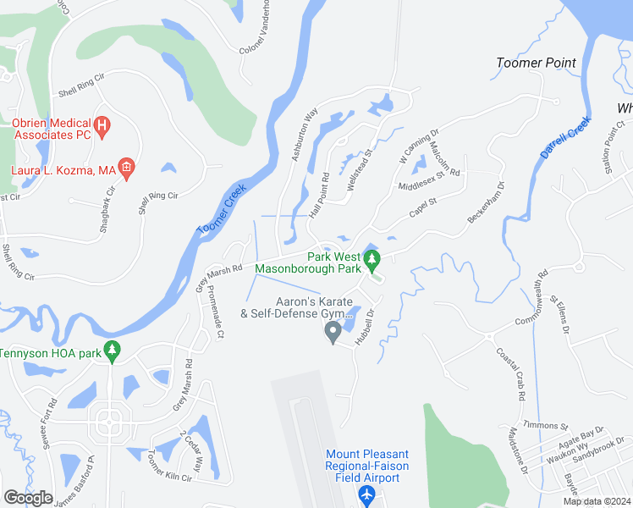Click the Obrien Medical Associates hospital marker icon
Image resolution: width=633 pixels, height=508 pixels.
[x=102, y=128]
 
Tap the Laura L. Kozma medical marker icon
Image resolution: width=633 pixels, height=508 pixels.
[x=126, y=168]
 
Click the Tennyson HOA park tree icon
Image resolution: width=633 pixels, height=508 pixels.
[x=112, y=352]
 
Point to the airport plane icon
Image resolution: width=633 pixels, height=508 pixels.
[x=366, y=494]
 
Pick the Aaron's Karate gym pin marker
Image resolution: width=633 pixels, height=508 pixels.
[x=333, y=332]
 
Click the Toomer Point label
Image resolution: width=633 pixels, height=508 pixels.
[x=536, y=63]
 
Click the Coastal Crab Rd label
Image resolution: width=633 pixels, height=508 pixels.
[x=513, y=373]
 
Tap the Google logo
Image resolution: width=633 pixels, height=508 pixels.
[x=29, y=498]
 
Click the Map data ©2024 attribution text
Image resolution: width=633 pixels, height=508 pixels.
[x=595, y=501]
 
